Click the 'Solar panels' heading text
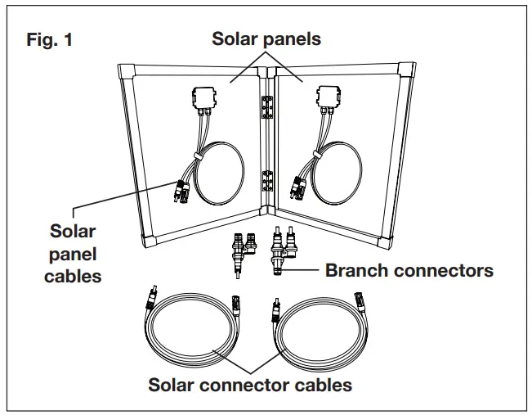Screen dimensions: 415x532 tap(265, 38)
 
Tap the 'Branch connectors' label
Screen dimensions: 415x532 tap(409, 270)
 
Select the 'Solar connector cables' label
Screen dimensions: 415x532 tap(249, 385)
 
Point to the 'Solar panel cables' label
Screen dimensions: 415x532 tap(74, 253)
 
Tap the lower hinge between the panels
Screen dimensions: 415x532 tap(266, 181)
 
